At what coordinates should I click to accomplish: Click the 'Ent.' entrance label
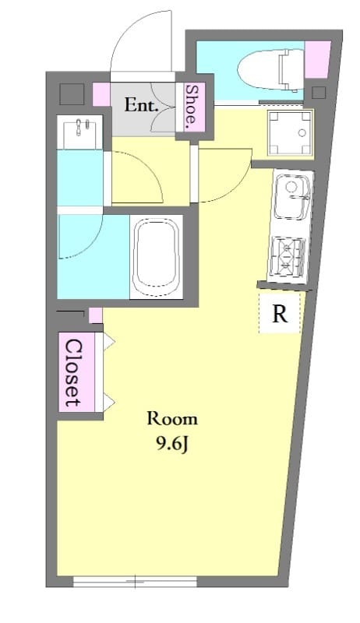tap(142, 105)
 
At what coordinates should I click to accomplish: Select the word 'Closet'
tap(72, 373)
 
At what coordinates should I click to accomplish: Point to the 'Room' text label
tap(172, 419)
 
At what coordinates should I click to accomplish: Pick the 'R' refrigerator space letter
tap(280, 315)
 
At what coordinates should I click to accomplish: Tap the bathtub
tap(156, 256)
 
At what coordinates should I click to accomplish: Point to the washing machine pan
tap(290, 133)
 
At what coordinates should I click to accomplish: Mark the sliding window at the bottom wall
tap(135, 581)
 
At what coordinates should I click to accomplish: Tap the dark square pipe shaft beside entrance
tap(72, 94)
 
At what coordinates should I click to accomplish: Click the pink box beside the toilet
tap(318, 61)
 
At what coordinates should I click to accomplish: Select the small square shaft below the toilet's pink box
tap(318, 93)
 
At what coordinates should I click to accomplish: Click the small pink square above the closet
tap(96, 315)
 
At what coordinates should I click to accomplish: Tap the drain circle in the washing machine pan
tap(302, 132)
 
